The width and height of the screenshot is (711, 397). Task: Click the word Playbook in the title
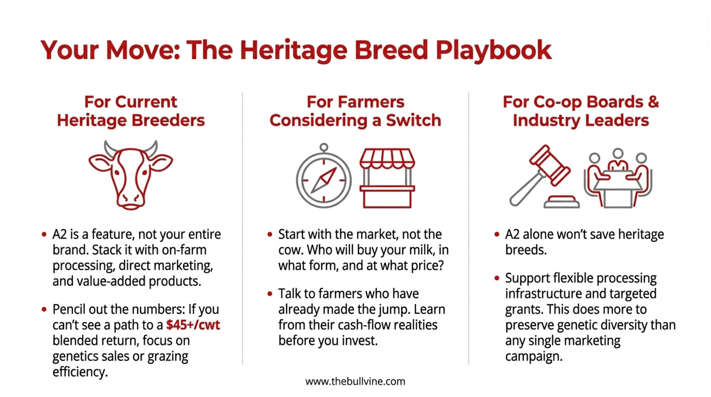493,51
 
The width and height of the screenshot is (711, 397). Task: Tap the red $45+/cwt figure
193,325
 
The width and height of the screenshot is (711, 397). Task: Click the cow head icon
130,175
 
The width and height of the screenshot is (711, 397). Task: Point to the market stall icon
387,178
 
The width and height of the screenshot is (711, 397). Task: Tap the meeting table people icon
618,178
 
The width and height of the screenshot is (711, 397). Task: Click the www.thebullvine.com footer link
355,382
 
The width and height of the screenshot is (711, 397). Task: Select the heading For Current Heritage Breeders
131,111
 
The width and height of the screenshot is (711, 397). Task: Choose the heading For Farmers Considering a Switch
355,111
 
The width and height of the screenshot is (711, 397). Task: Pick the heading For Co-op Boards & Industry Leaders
581,111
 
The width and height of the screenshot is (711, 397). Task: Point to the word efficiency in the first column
80,372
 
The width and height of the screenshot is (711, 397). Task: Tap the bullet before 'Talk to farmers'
270,294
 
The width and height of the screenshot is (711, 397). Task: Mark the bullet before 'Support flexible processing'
497,278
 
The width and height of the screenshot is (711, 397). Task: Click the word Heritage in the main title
293,51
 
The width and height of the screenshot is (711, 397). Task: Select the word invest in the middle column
360,341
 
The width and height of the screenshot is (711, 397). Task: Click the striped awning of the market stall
387,158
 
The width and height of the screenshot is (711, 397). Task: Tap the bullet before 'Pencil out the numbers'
44,309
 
